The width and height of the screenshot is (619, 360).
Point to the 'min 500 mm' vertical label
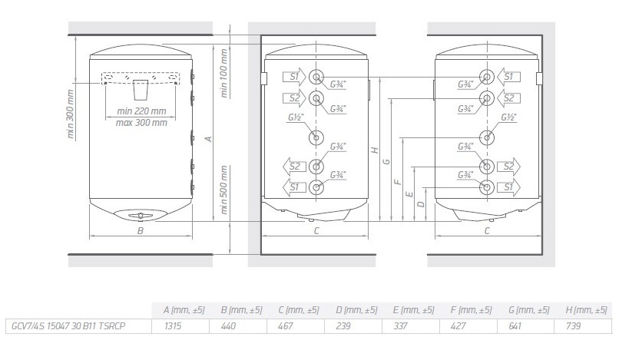[224, 188]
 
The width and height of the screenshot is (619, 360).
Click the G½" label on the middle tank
[296, 120]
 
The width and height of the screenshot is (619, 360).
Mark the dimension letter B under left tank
[141, 230]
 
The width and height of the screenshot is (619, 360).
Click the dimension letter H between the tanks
[374, 151]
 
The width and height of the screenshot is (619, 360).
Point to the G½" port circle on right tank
[487, 137]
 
